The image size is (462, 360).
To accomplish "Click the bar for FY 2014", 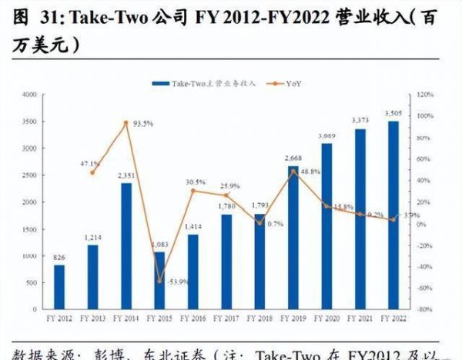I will (126, 245).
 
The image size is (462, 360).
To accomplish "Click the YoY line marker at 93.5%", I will (126, 122).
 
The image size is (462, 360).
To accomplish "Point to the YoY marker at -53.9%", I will (159, 281).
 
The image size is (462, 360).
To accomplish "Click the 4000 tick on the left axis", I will (28, 95).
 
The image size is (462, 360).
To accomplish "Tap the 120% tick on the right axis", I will (426, 95).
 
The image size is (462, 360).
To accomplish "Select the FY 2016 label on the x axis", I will (193, 318).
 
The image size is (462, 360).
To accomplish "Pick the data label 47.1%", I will (90, 163).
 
